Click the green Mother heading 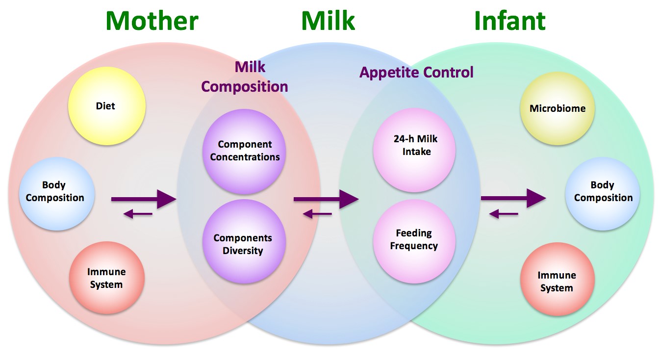click(152, 21)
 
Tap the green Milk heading click(328, 21)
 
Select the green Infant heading click(509, 21)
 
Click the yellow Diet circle click(106, 106)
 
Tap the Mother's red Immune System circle click(107, 278)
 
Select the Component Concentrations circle click(244, 151)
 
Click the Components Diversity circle click(244, 244)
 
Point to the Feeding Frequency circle click(414, 240)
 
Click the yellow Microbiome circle click(558, 109)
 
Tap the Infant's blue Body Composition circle click(603, 192)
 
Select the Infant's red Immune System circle click(557, 281)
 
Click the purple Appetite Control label click(416, 73)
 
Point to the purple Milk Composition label click(245, 77)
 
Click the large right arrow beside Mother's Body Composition click(143, 199)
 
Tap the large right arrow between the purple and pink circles click(326, 199)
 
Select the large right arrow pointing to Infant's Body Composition click(513, 198)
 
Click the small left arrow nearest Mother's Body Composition click(138, 214)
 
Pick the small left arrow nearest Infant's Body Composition click(504, 214)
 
